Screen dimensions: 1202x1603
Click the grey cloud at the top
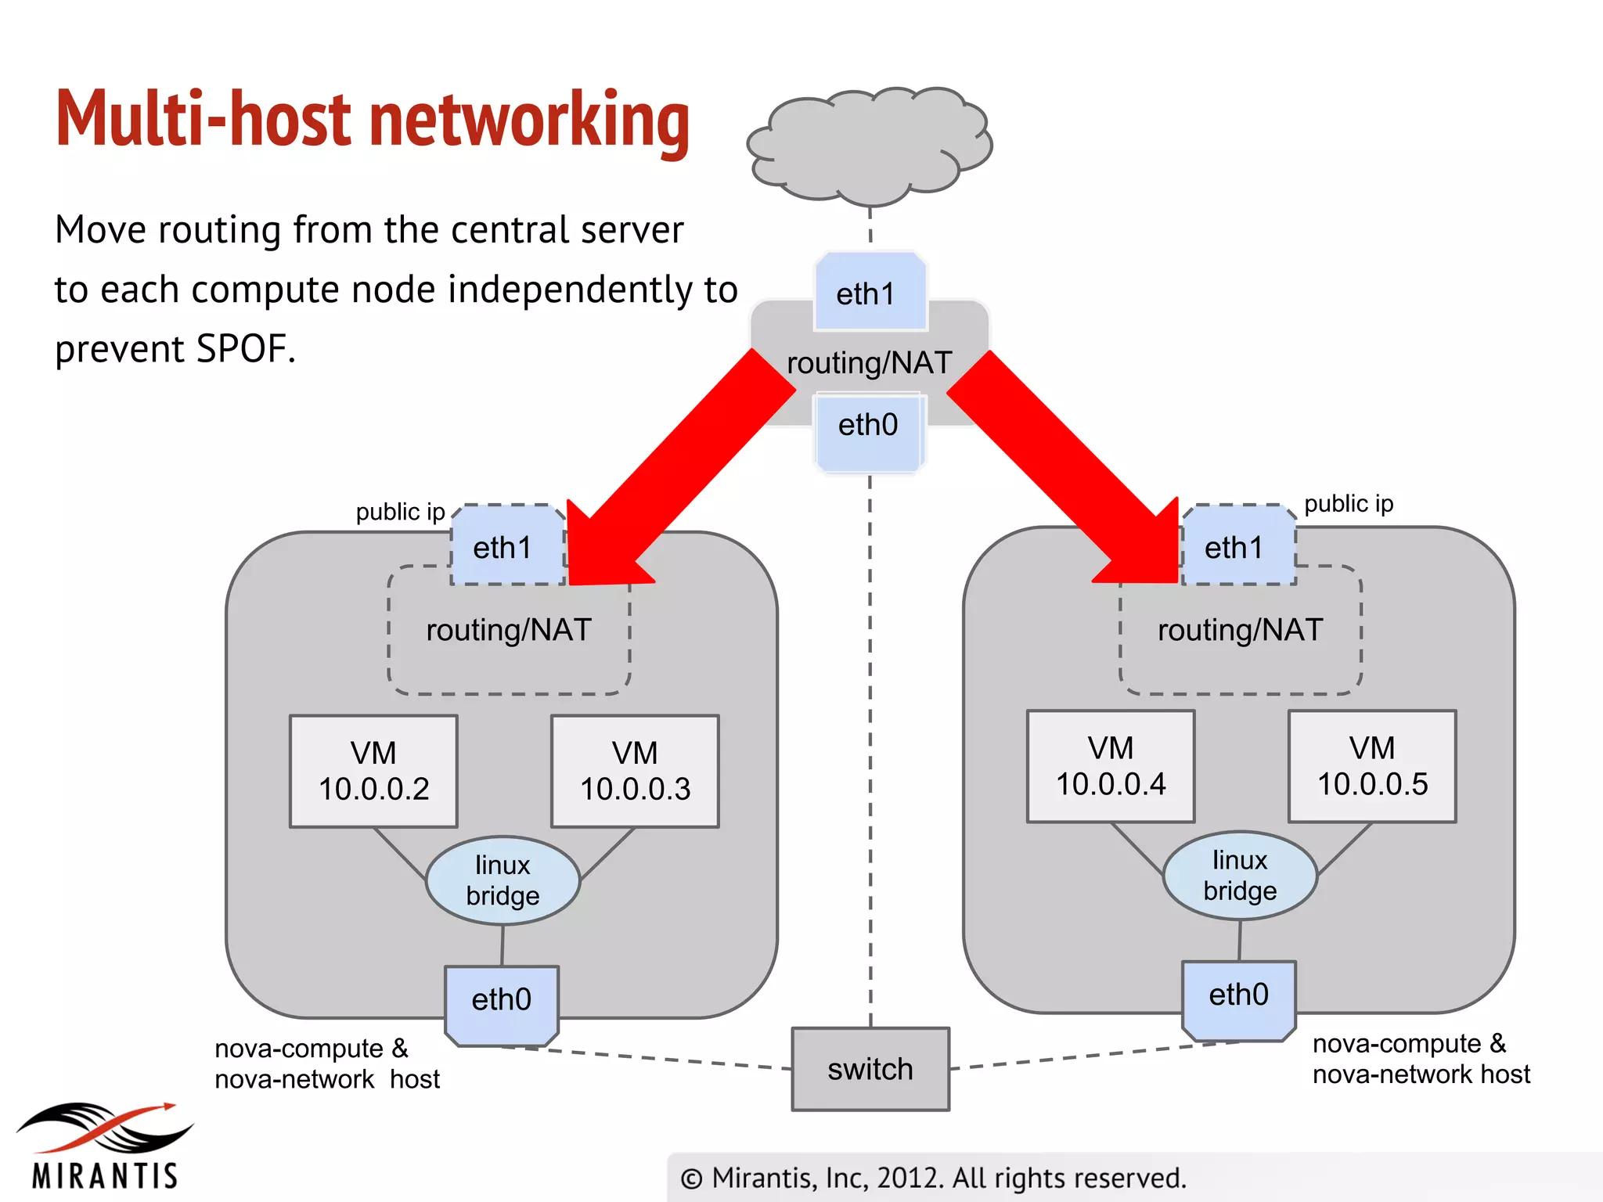click(x=869, y=145)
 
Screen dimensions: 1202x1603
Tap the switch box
click(x=870, y=1069)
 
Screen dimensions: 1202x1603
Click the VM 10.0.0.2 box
click(x=373, y=772)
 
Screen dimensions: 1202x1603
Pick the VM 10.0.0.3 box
click(x=635, y=772)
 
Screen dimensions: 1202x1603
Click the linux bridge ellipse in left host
click(x=503, y=880)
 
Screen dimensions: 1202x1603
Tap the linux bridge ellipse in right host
click(x=1240, y=876)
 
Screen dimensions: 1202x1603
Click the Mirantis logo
click(x=105, y=1146)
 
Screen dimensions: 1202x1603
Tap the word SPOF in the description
click(x=243, y=349)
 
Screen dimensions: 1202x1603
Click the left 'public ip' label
click(x=400, y=512)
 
